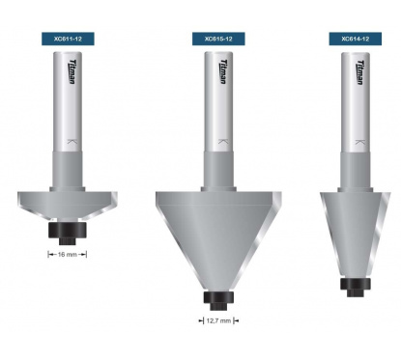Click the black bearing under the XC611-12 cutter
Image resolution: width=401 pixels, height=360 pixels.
68,232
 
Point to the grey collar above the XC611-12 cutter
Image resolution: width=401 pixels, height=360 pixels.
68,172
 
